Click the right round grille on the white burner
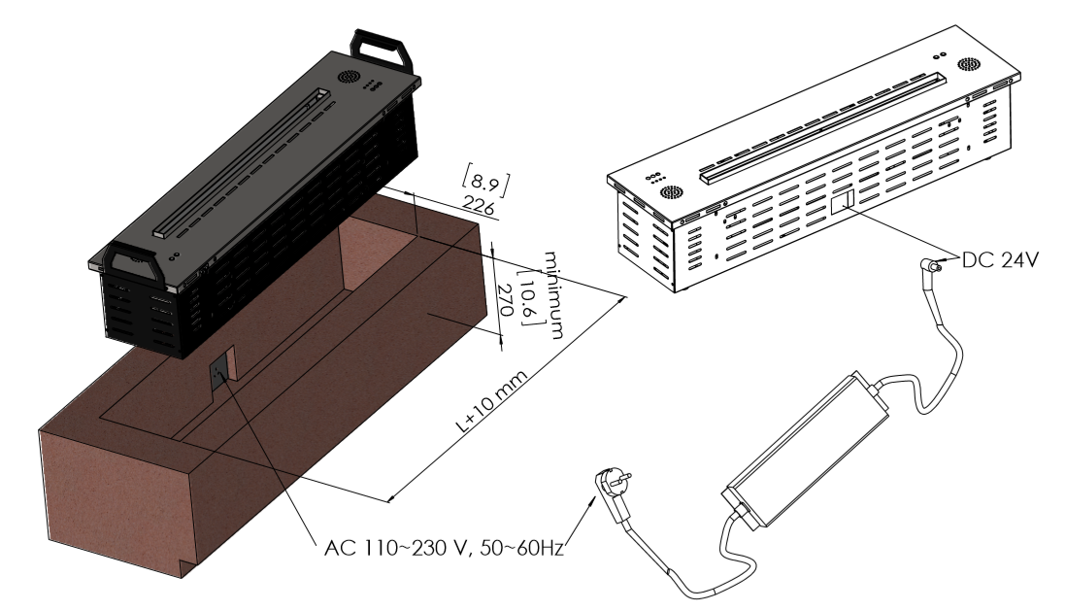point(968,65)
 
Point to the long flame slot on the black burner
point(243,161)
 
